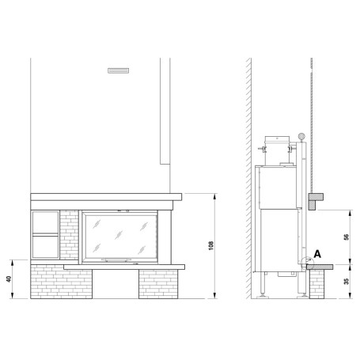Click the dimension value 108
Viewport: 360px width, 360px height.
pos(210,245)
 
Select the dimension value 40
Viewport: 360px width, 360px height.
pos(9,279)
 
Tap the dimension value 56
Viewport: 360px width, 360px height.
pos(347,237)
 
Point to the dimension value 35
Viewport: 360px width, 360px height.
pos(347,281)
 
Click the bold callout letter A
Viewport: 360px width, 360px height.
pos(317,254)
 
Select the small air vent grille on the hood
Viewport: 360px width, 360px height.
pos(118,70)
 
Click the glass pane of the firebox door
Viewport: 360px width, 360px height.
pos(121,236)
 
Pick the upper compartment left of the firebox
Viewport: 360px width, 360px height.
pos(45,222)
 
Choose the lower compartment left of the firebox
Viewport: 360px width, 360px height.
pos(45,247)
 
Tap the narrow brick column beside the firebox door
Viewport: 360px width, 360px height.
pos(69,235)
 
